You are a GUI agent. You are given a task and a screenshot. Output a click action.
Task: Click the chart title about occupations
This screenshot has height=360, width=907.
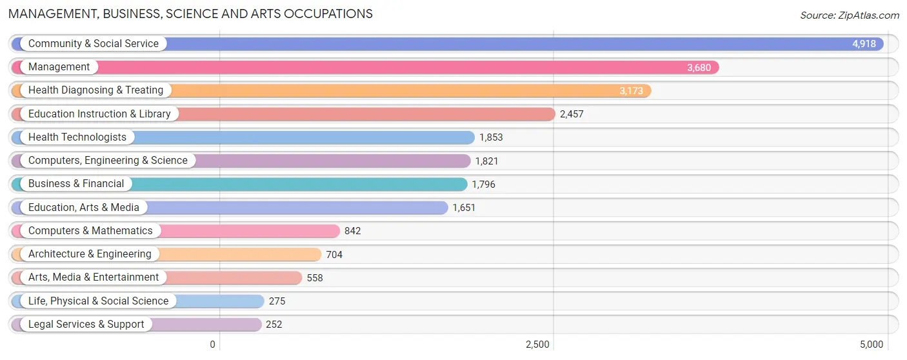(x=190, y=14)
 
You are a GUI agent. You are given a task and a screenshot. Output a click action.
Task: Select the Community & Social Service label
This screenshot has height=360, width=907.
(x=93, y=44)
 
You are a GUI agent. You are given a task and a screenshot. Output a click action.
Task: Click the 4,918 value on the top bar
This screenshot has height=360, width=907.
(x=864, y=44)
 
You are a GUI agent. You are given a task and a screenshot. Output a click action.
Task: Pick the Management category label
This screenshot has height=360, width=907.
(x=59, y=67)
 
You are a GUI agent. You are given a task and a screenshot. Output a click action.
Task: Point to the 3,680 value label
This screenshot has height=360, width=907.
(x=699, y=67)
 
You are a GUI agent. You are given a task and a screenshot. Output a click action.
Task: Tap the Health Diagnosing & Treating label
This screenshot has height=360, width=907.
(x=95, y=90)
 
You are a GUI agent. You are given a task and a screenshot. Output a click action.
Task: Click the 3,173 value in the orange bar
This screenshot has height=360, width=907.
(x=631, y=91)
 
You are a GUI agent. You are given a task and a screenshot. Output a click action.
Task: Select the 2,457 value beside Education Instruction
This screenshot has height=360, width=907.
(x=572, y=114)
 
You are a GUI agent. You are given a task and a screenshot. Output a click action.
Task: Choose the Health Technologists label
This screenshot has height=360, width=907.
(x=77, y=137)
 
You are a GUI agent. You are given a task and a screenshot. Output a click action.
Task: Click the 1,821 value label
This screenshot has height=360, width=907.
(x=486, y=161)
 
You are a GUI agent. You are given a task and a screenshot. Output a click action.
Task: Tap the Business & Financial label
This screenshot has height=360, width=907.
(x=76, y=184)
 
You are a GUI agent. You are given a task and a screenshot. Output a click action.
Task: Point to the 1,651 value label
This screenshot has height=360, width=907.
(x=464, y=208)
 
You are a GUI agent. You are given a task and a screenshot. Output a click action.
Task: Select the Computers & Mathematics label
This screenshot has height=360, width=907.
(x=90, y=231)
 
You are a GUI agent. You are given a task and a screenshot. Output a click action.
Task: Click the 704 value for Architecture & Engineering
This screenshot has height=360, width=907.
(x=334, y=255)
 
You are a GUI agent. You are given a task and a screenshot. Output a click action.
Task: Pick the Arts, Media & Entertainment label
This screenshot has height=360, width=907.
(x=94, y=277)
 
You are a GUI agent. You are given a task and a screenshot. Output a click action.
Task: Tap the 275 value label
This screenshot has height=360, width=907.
(x=277, y=301)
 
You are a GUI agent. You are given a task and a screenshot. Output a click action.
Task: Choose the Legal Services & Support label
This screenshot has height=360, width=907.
(x=86, y=325)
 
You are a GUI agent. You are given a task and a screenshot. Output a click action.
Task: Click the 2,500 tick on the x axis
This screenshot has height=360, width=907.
(x=537, y=345)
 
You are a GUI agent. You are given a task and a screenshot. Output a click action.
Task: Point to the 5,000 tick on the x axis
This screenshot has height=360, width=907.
(x=871, y=345)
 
